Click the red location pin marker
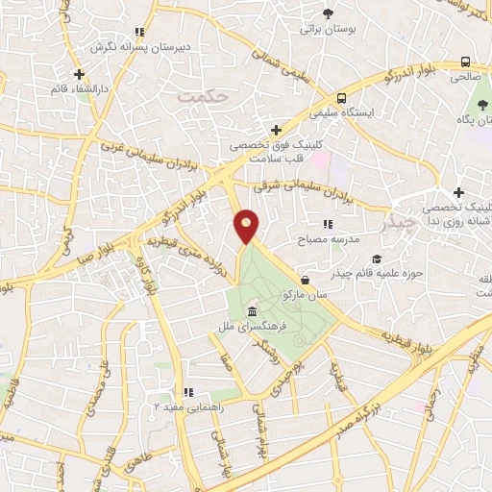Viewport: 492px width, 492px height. coord(247,226)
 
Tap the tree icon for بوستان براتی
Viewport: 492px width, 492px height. coord(329,13)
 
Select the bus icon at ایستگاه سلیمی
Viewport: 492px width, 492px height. coord(341,98)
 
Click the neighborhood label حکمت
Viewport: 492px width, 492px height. coord(206,96)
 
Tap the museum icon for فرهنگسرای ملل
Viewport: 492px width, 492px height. coord(252,312)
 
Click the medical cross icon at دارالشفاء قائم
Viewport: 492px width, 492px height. coord(79,73)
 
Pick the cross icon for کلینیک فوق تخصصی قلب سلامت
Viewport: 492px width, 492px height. coord(276,130)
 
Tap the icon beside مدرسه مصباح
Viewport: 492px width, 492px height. coord(328,224)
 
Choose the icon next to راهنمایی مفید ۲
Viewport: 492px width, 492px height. coord(188,392)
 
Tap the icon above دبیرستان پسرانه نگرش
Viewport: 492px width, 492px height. coord(139,32)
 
